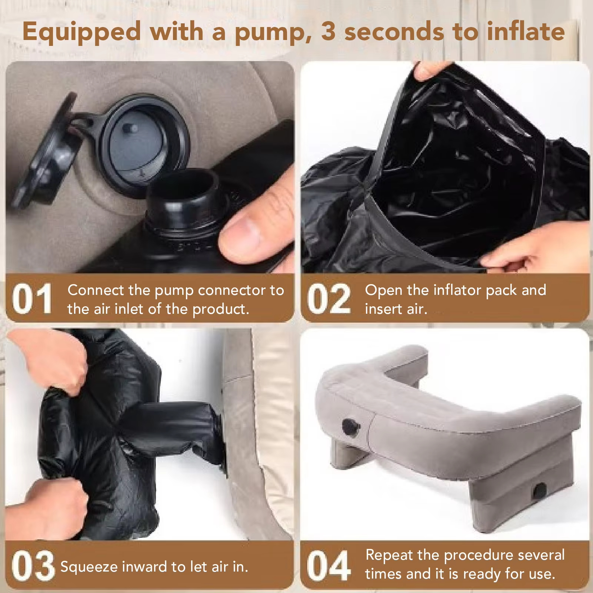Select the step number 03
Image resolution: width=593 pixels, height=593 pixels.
pos(33,566)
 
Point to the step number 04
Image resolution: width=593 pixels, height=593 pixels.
pos(329,566)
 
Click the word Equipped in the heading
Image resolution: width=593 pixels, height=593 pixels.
pos(82,32)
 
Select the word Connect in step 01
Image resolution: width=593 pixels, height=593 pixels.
pos(96,290)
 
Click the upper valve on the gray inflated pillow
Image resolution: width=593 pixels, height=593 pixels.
pos(350,427)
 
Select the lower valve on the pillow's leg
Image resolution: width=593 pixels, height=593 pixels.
pos(539,491)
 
